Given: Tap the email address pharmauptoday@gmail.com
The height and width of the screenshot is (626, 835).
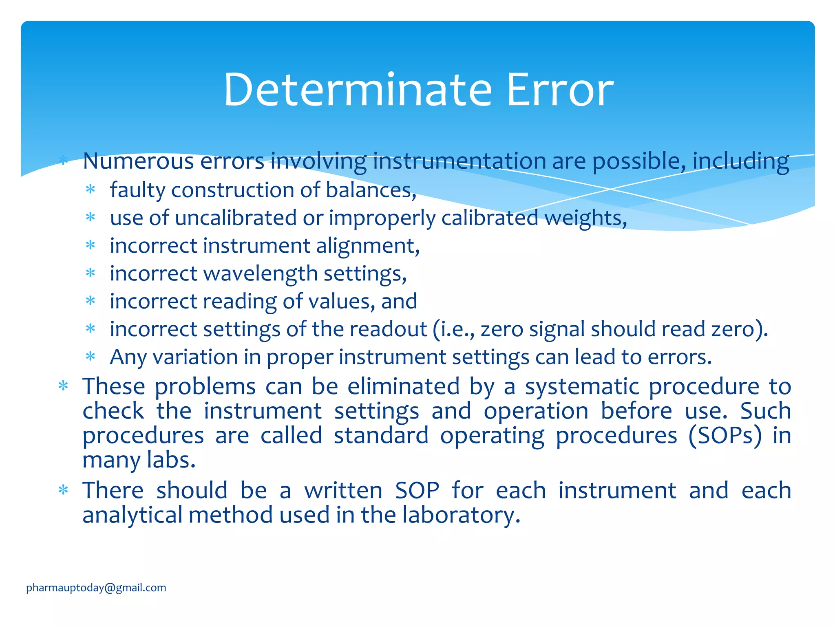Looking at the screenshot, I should (96, 588).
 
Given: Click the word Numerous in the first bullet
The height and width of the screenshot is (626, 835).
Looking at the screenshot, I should (138, 161).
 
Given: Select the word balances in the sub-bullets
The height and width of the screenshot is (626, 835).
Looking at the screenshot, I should (371, 190).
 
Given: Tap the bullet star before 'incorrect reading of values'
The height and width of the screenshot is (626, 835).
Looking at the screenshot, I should (91, 301).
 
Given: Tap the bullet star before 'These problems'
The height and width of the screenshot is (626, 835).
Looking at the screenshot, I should (63, 386).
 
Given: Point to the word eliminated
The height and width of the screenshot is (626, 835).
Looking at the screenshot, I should (403, 386).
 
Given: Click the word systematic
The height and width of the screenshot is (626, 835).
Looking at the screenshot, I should (582, 386).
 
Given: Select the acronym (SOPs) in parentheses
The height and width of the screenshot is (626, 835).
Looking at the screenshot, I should (725, 435).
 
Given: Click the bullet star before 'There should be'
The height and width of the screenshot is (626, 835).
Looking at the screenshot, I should (63, 490).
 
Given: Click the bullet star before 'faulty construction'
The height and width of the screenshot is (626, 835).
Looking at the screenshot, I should (91, 190).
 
